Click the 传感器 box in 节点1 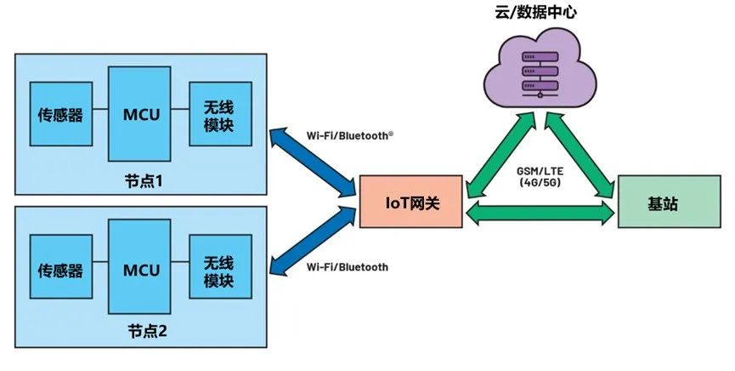coord(60,114)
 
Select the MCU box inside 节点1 coord(141,114)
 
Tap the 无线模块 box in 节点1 coord(220,114)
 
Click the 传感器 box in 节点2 coord(60,270)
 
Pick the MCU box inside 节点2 coord(141,270)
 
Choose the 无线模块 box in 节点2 coord(220,270)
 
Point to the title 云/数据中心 coord(538,12)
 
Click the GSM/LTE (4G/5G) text coord(540,177)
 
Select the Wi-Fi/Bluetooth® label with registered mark coord(349,135)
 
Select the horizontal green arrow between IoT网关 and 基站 coord(540,213)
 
